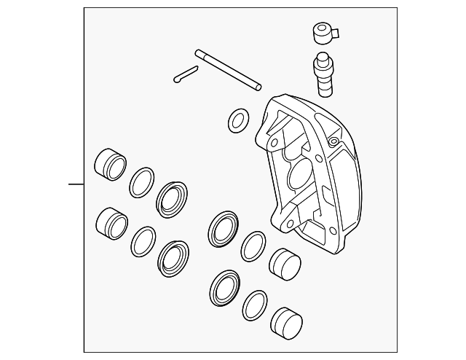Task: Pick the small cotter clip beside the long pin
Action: (186, 74)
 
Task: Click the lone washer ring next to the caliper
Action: (237, 121)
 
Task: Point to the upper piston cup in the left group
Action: (110, 164)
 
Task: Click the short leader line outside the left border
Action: (76, 184)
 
